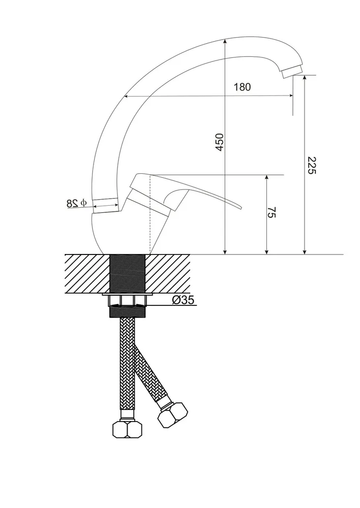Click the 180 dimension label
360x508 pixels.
tap(242, 87)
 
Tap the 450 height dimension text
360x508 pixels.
tap(220, 142)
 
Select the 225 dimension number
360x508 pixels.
tap(311, 165)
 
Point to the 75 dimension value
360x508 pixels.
tap(272, 212)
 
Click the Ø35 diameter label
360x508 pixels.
tap(183, 300)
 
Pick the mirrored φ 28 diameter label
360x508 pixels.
tap(77, 203)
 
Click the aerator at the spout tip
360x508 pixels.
tap(292, 71)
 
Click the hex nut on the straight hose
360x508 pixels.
tap(128, 430)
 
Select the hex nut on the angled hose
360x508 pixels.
tap(173, 416)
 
